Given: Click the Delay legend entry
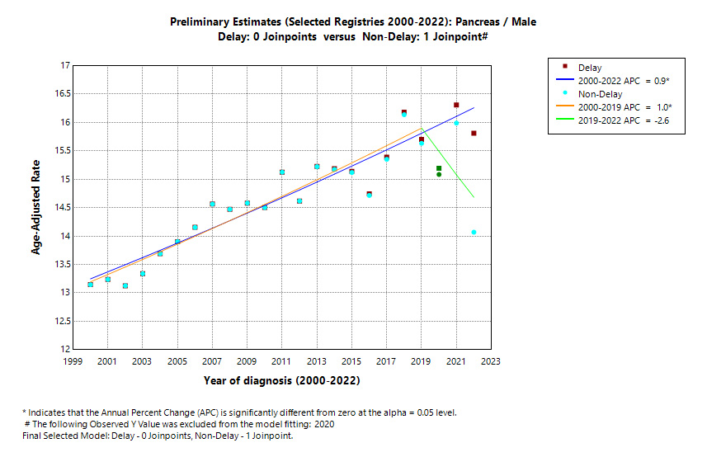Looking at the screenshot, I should (x=590, y=68).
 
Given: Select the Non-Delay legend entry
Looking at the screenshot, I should (x=599, y=94).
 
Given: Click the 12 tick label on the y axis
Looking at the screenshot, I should (x=64, y=350).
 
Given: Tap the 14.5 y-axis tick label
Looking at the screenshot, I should (x=59, y=208).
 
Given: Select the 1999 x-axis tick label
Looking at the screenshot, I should (x=73, y=361).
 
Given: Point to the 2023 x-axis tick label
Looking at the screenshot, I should (x=491, y=361).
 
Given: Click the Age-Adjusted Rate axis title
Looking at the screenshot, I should (x=36, y=208).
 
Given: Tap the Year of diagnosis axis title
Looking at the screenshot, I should (x=282, y=381).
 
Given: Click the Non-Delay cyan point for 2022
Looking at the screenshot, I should (x=474, y=232).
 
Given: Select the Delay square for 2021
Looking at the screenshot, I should (x=456, y=106).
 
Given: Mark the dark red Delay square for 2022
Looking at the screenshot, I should (x=474, y=134).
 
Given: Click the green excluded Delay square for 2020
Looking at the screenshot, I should (x=439, y=168).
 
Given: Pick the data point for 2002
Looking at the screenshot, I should (x=125, y=285).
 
